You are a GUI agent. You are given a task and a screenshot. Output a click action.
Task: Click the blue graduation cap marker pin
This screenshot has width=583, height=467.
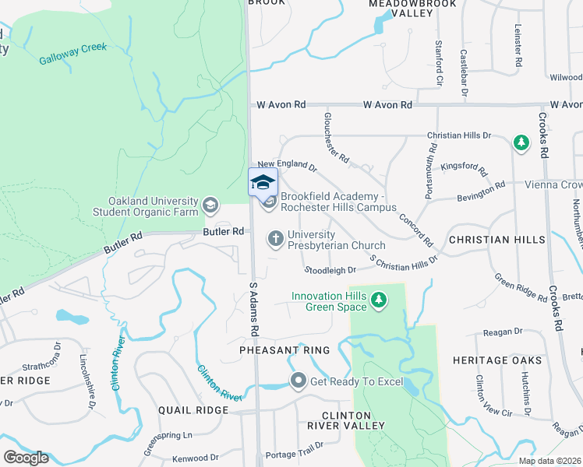coord(263,183)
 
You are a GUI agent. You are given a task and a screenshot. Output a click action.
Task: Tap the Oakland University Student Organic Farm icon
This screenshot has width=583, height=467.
coord(210,205)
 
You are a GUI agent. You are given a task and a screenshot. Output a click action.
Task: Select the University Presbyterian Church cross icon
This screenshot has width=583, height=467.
coord(275,238)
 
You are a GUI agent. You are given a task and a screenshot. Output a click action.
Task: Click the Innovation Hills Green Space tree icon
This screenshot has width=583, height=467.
coord(379,300)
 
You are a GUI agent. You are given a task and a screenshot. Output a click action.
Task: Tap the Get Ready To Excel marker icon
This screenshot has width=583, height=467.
coord(298,381)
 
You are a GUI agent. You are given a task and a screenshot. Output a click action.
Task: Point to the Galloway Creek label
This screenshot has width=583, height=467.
coord(73,53)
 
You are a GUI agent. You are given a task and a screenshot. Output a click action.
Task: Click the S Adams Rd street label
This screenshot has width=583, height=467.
coord(254,309)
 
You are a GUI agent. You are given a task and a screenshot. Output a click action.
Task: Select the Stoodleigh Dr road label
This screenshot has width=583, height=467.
coord(330,270)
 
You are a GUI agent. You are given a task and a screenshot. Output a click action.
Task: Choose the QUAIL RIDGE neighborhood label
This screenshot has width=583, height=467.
coord(193,409)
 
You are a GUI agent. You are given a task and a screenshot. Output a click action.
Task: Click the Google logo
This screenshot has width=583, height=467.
coord(26,458)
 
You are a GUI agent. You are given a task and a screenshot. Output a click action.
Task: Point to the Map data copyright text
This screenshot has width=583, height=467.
coord(550,461)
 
